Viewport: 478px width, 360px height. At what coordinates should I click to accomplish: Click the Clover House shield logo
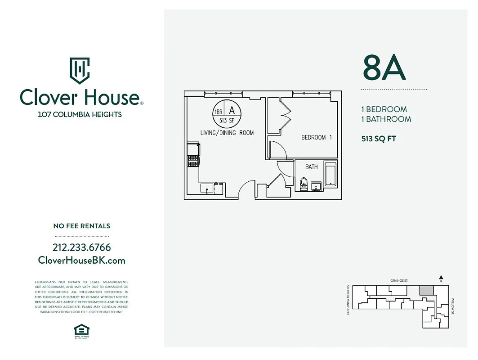coord(80,70)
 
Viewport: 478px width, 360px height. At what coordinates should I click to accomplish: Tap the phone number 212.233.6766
coord(81,247)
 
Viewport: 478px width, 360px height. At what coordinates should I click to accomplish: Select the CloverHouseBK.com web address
coord(81,261)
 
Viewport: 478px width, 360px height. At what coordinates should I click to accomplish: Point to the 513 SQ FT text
coord(379,139)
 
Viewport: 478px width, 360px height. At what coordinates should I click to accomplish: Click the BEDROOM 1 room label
coord(317,137)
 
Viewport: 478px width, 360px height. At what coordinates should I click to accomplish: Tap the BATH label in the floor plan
coord(311,167)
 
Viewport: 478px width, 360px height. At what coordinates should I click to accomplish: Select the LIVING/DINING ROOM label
coord(227,133)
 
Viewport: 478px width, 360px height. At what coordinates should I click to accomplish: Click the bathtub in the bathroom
coord(331,174)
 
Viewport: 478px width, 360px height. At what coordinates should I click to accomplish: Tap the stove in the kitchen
coord(193,161)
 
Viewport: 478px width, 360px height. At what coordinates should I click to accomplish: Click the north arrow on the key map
coord(441,278)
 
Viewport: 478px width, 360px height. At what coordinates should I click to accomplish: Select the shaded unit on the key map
coord(427,290)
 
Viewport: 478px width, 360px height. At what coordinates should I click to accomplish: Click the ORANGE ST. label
coord(399,281)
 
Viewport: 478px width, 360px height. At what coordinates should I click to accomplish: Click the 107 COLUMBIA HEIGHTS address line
coord(80,114)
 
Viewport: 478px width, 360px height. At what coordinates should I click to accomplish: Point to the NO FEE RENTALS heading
coord(81,226)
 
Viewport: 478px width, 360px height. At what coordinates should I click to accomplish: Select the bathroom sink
coord(316,185)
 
